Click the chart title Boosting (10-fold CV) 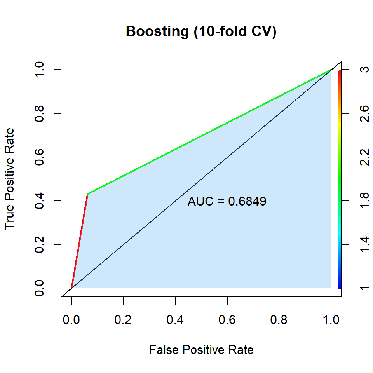click(x=201, y=31)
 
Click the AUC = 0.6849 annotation click(x=227, y=201)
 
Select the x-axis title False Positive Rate click(x=201, y=350)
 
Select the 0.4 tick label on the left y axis click(x=39, y=200)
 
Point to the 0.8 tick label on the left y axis click(x=39, y=113)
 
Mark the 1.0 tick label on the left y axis click(x=39, y=70)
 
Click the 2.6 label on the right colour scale click(x=364, y=113)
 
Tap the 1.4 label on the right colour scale click(x=364, y=244)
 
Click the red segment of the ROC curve click(x=80, y=241)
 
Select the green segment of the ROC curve click(x=210, y=132)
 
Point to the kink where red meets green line click(x=87, y=194)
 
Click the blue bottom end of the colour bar click(x=340, y=286)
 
